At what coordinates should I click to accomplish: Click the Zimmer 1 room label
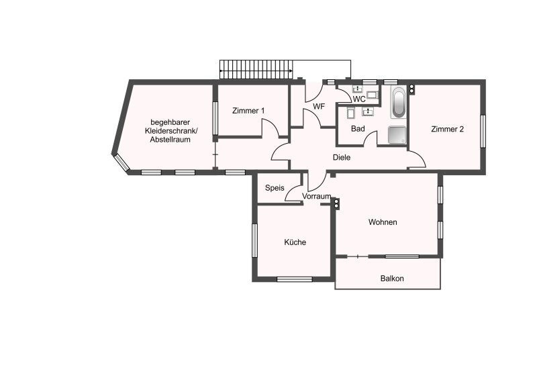point(248,111)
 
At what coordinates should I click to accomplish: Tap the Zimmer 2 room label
point(447,129)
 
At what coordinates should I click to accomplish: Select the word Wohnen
point(383,222)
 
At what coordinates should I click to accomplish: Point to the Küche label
point(295,242)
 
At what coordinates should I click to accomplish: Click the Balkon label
point(392,279)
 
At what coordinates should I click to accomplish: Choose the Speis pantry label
point(275,188)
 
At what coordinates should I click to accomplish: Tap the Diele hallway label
point(342,158)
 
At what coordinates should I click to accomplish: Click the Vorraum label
point(316,196)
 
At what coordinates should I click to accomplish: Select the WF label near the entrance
point(319,107)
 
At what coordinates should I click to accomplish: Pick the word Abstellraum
point(170,140)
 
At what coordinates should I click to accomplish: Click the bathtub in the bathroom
point(398,102)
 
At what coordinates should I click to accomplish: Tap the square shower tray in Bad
point(397,135)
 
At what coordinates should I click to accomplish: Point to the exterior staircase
point(256,70)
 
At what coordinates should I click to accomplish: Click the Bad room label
point(358,129)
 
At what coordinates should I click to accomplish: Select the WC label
point(359,99)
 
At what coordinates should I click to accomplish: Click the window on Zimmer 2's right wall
point(483,131)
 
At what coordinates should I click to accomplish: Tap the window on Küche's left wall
point(254,240)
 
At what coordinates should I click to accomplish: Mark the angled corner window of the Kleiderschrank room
point(122,162)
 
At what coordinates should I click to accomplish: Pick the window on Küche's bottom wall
point(295,279)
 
